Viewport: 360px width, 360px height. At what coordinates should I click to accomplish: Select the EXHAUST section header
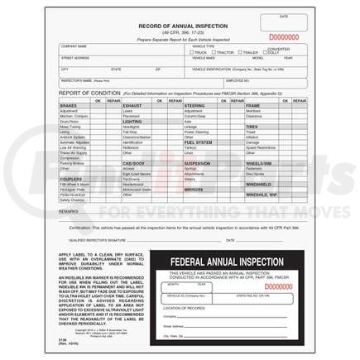pos(132,106)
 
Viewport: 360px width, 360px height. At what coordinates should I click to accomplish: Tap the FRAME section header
pos(252,106)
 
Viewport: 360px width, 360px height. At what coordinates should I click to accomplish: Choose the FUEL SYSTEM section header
pos(198,142)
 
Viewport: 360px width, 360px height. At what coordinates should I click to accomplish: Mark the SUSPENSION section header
pos(197,163)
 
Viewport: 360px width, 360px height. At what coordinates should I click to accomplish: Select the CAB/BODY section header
pos(134,163)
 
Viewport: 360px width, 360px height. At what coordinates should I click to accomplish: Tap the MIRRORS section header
pos(194,190)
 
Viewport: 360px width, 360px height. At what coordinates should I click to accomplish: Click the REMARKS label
pos(70,212)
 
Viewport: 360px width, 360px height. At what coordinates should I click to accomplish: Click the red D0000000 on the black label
pos(277,286)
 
